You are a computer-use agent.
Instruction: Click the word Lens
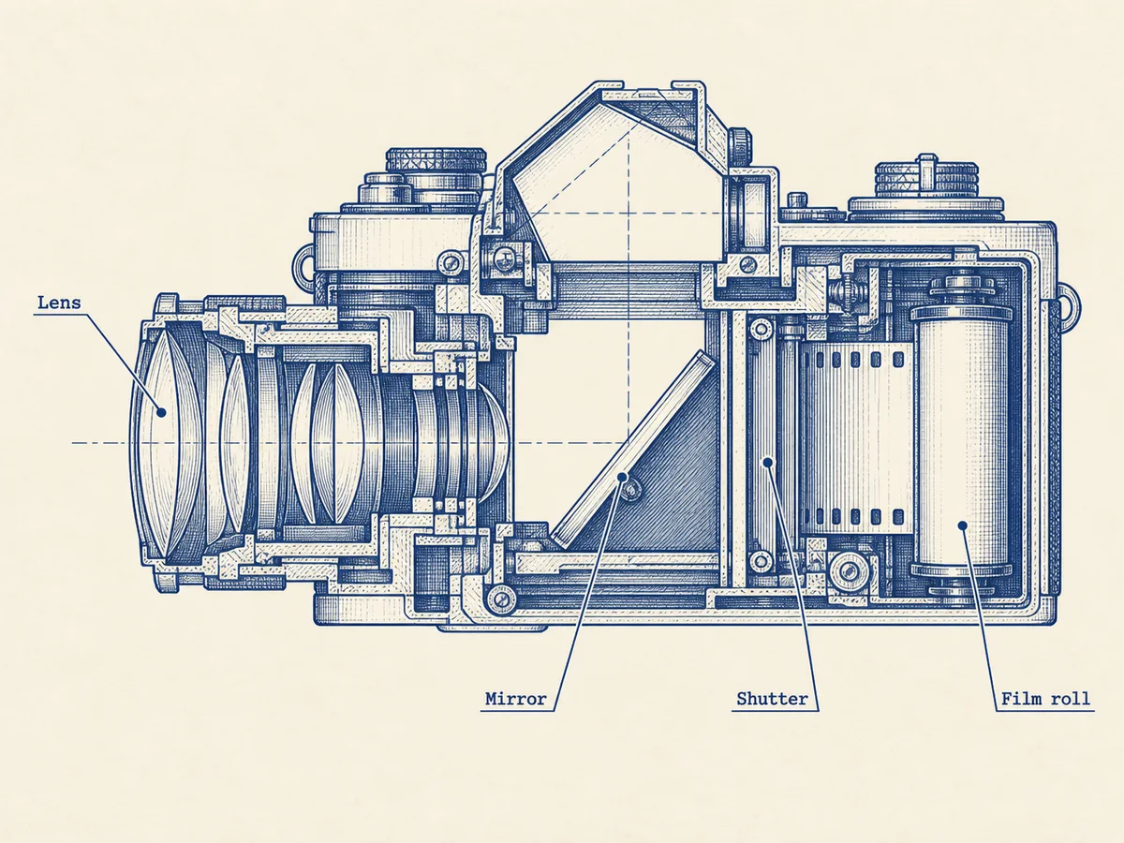(x=59, y=303)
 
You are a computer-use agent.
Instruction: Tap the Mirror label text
(x=516, y=699)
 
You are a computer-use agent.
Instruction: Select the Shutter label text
(x=772, y=699)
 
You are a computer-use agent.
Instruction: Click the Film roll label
(x=1045, y=699)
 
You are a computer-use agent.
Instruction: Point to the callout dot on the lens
(x=161, y=412)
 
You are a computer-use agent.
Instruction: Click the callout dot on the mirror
(x=622, y=477)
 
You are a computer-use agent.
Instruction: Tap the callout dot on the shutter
(x=767, y=463)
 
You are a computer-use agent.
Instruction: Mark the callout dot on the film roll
(x=963, y=525)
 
